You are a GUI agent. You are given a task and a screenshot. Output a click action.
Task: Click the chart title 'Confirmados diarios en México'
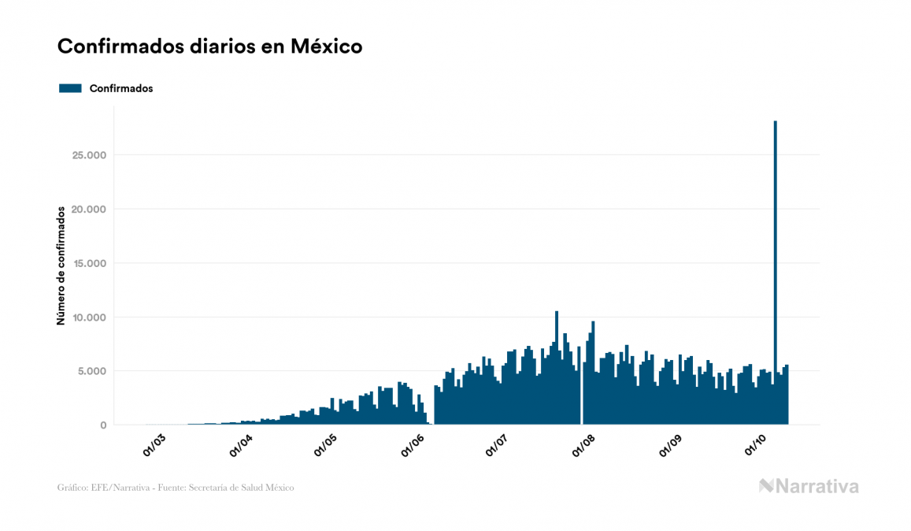pos(209,46)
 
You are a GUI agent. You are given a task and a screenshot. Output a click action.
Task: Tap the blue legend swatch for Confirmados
pos(70,88)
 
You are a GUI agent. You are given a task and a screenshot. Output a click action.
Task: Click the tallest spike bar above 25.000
pos(776,236)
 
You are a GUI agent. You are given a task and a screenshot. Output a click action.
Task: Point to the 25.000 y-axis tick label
pos(88,155)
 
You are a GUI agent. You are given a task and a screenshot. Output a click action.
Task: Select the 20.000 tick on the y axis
pos(88,210)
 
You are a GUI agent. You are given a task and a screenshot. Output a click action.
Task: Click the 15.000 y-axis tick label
pos(88,263)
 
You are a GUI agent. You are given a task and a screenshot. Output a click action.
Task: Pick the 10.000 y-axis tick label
pos(88,317)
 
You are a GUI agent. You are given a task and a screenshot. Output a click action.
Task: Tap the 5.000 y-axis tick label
pos(91,371)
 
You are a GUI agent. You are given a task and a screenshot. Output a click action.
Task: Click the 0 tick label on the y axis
pos(102,425)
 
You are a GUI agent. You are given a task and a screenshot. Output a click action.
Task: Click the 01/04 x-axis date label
pos(241,445)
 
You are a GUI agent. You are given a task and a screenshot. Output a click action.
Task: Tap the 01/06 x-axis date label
pos(413,445)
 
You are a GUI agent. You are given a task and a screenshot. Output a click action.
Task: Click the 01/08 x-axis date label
pos(584,445)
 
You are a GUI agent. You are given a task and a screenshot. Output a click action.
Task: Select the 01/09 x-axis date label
pos(671,445)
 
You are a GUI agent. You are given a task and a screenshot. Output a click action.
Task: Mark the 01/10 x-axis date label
pos(756,445)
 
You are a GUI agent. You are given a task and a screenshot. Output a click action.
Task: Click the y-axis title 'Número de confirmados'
pos(61,265)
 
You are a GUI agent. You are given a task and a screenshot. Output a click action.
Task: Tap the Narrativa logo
pos(809,486)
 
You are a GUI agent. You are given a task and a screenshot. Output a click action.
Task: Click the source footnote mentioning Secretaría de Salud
pos(176,488)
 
